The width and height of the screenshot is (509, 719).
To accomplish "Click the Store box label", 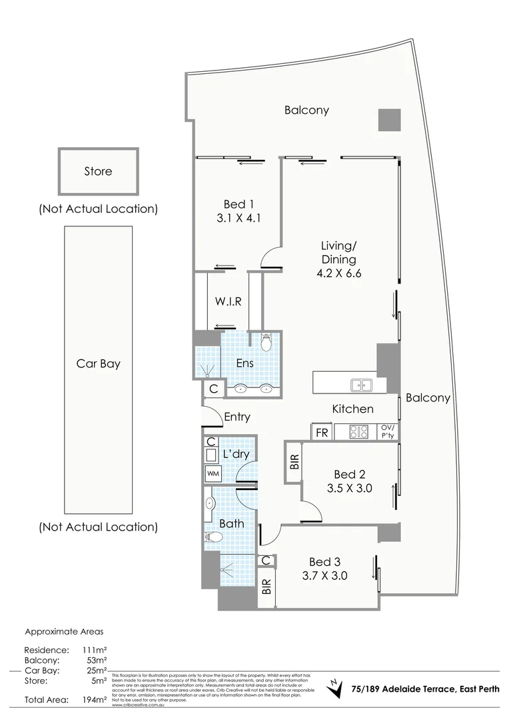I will pyautogui.click(x=98, y=171).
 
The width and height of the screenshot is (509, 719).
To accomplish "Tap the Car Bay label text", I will pyautogui.click(x=98, y=364).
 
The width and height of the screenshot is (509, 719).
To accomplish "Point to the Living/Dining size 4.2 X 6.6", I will pyautogui.click(x=338, y=273).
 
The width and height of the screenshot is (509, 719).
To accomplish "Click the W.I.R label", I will pyautogui.click(x=228, y=302).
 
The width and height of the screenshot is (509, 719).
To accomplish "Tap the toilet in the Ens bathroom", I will pyautogui.click(x=266, y=343).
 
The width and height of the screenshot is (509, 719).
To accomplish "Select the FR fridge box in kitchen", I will pyautogui.click(x=322, y=433).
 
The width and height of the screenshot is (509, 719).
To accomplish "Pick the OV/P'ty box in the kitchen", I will pyautogui.click(x=387, y=431).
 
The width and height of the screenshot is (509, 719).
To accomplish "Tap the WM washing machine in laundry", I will pyautogui.click(x=213, y=473).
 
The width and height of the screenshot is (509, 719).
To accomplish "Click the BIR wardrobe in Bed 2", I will pyautogui.click(x=294, y=461).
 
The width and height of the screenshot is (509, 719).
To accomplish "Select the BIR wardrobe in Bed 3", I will pyautogui.click(x=267, y=587).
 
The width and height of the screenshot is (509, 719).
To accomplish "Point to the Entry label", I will pyautogui.click(x=237, y=417).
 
